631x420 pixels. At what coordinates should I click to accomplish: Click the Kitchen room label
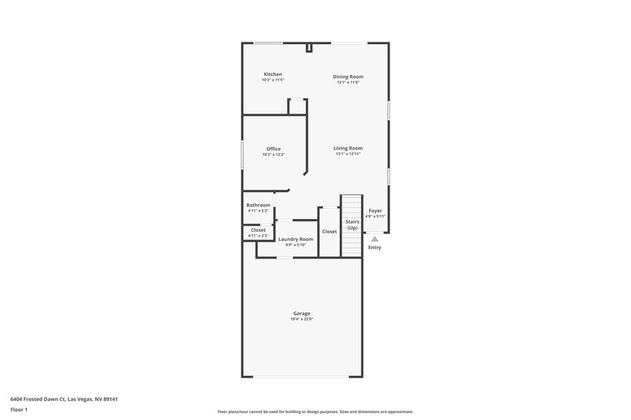pos(273,74)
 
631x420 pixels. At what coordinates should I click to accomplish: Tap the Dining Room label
pos(348,76)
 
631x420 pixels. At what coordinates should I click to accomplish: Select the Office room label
pos(274,149)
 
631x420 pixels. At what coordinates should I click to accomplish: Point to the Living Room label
pos(348,148)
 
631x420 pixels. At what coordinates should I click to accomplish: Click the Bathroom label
pos(258,205)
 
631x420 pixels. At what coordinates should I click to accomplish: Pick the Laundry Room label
pos(296,239)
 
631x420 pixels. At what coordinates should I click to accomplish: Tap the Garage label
pos(302,314)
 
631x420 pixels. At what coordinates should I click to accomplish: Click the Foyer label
pos(375,210)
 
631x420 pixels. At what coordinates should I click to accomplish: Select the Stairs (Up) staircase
pos(351,225)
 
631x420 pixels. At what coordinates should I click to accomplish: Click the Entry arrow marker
pos(375,239)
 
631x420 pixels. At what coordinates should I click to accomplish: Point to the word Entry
pos(375,247)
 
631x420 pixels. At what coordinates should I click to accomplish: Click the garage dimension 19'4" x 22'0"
pos(302,319)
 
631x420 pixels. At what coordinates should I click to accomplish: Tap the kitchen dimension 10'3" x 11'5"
pos(273,80)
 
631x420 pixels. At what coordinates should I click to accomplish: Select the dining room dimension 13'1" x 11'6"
pos(348,82)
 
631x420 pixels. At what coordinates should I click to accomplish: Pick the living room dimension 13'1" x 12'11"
pos(348,154)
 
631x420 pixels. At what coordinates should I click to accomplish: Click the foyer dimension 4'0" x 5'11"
pos(375,216)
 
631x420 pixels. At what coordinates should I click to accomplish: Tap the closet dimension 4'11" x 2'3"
pos(258,236)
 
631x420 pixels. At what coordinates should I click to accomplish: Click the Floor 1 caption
pos(20,410)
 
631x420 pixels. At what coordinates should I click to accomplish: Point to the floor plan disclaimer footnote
pos(315,411)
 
